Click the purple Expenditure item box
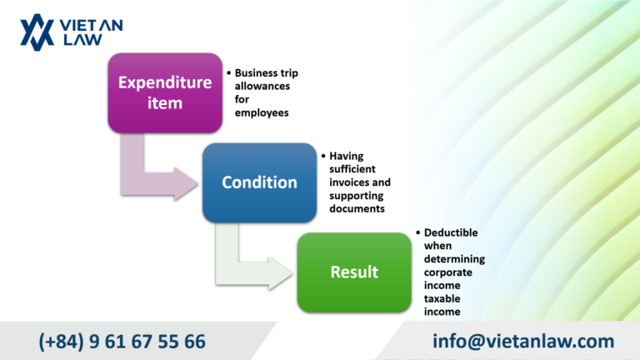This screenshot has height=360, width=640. [165, 92]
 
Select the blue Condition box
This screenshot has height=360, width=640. [260, 182]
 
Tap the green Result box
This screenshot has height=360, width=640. [354, 272]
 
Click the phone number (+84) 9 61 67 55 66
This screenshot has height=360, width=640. [122, 341]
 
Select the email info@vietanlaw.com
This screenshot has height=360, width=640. [523, 341]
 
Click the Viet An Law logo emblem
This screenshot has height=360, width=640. [37, 32]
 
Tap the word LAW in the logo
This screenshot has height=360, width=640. [82, 40]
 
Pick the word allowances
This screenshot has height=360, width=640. [262, 86]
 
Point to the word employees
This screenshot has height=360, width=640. [262, 113]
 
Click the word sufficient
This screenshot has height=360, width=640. [352, 169]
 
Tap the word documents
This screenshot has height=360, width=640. [357, 208]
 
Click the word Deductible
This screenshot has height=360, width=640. [451, 232]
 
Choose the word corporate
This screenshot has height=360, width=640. [447, 272]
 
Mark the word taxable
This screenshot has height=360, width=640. [442, 298]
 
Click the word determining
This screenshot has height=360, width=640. [454, 259]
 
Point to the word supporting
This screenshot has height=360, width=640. [357, 196]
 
